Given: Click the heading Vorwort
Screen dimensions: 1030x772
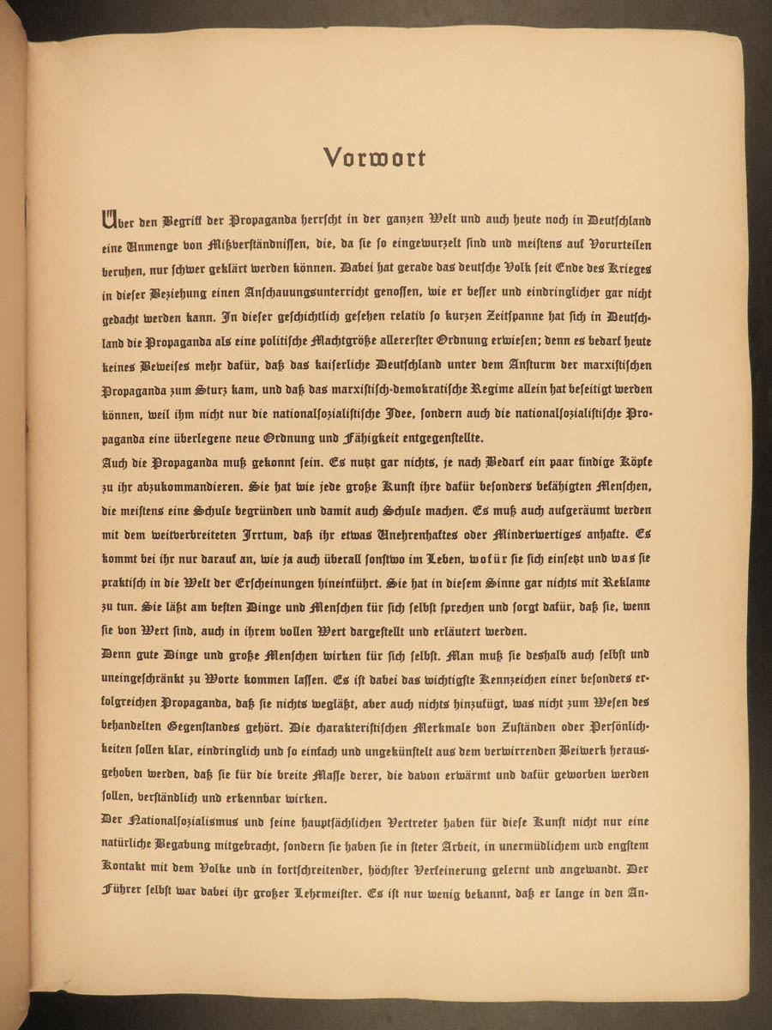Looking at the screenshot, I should point(374,158).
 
